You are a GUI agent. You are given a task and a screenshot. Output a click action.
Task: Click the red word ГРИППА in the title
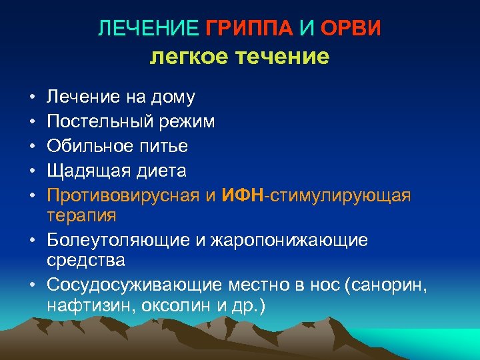tap(245, 29)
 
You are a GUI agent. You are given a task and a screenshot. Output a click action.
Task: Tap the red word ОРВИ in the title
tap(351, 29)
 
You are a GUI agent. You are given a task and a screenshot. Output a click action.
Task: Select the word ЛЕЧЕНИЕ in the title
tap(149, 29)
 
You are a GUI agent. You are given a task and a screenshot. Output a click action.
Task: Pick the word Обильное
tap(89, 146)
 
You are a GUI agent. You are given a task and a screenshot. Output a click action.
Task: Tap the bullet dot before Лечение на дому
tap(32, 98)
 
